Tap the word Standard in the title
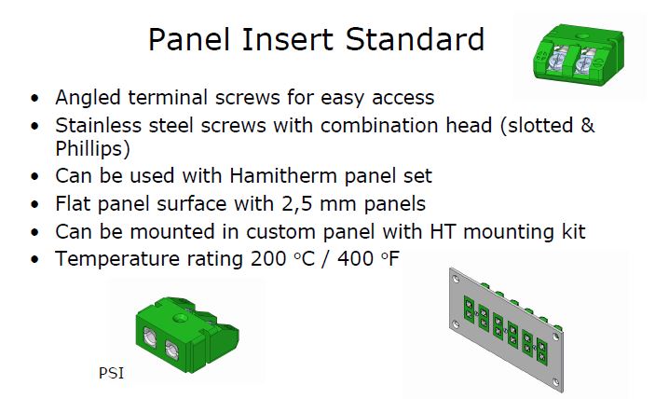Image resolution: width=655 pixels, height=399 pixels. (x=415, y=39)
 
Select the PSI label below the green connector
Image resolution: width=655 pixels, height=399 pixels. (x=111, y=373)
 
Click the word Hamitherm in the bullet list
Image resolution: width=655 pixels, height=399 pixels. (x=283, y=175)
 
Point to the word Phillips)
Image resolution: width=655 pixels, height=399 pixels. (x=92, y=149)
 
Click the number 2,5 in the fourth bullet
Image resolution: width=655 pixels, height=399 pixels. (x=297, y=204)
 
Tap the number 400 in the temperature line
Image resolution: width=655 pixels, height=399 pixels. (x=356, y=258)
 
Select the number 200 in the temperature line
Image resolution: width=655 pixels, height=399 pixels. (x=268, y=258)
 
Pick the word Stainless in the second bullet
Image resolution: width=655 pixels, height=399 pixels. (x=98, y=125)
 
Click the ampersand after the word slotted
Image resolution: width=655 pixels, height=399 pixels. (x=587, y=125)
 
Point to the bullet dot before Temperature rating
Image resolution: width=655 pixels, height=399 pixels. (x=34, y=259)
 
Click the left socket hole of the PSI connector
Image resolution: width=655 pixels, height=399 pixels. (x=150, y=337)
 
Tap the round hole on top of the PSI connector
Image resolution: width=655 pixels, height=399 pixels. (x=181, y=319)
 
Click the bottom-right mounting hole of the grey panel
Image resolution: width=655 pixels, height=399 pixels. (x=554, y=382)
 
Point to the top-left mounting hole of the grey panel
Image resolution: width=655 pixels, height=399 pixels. (x=456, y=277)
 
